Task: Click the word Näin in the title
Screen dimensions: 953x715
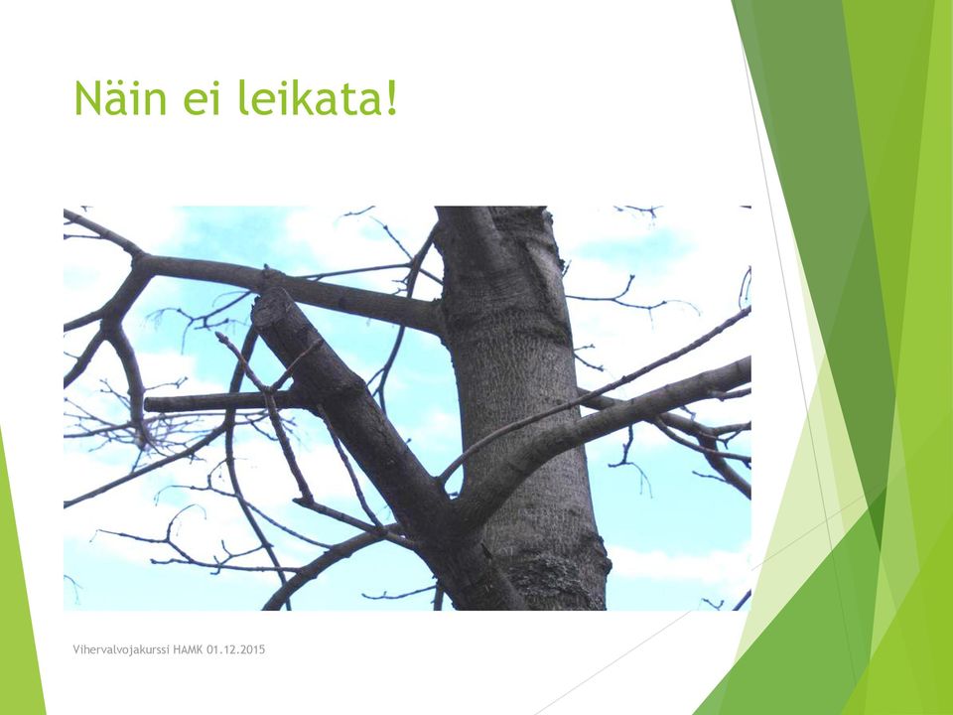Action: pos(120,98)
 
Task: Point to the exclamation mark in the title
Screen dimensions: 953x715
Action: pos(390,98)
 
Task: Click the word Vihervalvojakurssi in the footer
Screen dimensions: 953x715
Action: pos(121,649)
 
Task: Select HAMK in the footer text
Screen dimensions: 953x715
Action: pos(188,649)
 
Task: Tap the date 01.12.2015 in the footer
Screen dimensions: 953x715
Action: pos(236,649)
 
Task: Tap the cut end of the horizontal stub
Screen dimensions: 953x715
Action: pos(148,404)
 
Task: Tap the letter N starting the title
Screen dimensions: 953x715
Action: pos(87,99)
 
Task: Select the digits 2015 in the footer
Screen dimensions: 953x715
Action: pos(253,649)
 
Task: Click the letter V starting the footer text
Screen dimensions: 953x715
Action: pos(76,649)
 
